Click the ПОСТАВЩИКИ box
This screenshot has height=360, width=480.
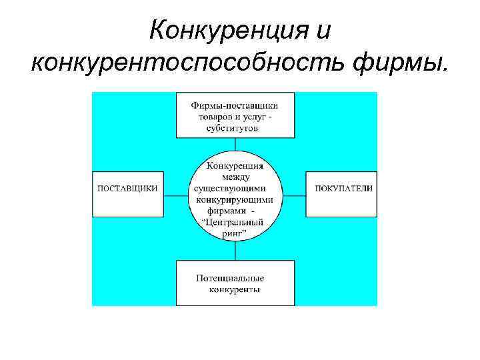pyautogui.click(x=128, y=189)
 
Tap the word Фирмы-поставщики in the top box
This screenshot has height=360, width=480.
pyautogui.click(x=235, y=105)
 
